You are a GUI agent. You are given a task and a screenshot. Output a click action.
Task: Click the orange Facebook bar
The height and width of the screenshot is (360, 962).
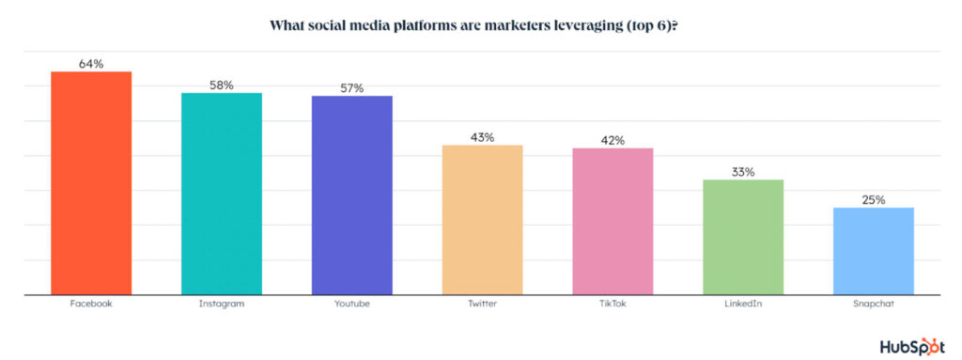(x=91, y=183)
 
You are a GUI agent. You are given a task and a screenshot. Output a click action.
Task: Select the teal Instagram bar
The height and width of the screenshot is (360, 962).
(x=221, y=194)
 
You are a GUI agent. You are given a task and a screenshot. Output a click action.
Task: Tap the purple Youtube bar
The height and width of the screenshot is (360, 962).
(x=351, y=196)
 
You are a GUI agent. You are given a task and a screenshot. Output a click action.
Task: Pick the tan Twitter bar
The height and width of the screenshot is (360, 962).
(x=482, y=220)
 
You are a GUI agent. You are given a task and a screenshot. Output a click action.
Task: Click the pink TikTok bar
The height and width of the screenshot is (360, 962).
(x=613, y=222)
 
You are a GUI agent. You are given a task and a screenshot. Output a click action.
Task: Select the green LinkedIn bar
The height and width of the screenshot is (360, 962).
(x=743, y=237)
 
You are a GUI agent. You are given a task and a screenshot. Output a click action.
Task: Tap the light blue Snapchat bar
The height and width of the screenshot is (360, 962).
(x=874, y=251)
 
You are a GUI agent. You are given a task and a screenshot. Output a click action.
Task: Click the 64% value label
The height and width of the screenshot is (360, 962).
(x=91, y=64)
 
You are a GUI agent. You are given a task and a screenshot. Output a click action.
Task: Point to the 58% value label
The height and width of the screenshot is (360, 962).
(x=221, y=86)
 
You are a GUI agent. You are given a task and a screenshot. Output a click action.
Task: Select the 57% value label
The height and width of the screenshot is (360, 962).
(x=351, y=88)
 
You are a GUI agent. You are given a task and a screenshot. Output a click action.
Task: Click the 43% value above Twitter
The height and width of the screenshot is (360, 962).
(x=482, y=138)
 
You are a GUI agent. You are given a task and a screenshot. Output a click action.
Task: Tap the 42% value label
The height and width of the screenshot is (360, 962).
(x=613, y=141)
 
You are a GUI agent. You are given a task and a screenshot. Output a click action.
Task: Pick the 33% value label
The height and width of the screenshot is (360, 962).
(x=743, y=172)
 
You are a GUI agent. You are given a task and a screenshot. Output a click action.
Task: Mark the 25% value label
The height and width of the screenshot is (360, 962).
(x=874, y=200)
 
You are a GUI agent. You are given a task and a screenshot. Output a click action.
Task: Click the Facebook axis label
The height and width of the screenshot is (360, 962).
(x=91, y=305)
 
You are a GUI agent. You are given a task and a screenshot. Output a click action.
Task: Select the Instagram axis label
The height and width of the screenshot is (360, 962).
(x=221, y=305)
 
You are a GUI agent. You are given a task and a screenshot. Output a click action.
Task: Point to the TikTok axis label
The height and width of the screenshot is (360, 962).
(x=613, y=305)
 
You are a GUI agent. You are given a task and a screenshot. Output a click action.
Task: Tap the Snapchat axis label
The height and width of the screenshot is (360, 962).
(x=874, y=305)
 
